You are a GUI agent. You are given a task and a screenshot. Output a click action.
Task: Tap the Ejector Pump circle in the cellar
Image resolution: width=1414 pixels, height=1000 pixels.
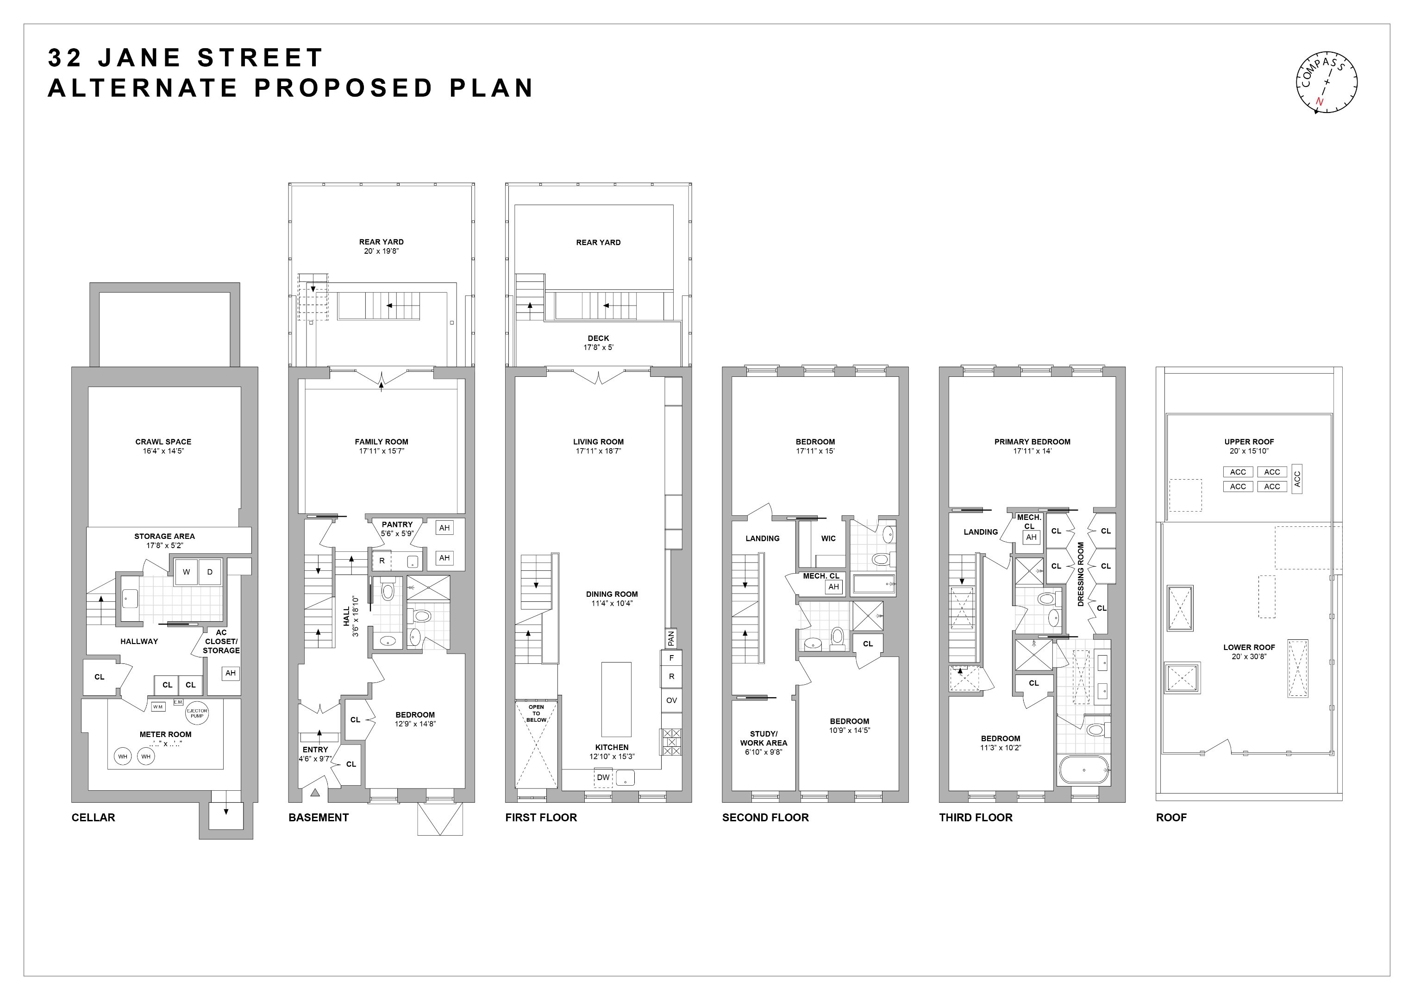tap(197, 713)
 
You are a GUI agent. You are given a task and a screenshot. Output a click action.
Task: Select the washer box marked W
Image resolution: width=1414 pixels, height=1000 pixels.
tap(187, 572)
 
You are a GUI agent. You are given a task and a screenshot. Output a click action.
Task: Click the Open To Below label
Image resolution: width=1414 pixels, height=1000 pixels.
tap(537, 713)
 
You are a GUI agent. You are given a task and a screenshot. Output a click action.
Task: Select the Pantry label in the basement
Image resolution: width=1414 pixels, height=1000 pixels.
tap(397, 525)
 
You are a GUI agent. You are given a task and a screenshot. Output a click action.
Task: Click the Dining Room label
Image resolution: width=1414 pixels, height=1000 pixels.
tap(612, 594)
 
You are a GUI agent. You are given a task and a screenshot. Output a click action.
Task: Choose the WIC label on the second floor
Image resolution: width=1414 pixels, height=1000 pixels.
tap(828, 538)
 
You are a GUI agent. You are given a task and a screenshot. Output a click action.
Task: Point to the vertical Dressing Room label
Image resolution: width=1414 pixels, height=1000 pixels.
tap(1081, 574)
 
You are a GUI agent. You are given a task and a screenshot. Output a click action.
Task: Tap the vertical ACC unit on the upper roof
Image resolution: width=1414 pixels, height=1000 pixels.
tap(1297, 479)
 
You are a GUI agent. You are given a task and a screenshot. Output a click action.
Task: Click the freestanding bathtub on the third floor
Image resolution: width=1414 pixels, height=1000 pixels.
tap(1084, 770)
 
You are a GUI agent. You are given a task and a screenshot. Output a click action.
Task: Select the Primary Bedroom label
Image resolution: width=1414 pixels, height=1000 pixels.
tap(1032, 442)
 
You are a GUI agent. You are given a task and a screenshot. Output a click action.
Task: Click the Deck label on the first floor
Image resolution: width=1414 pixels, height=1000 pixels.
tap(598, 338)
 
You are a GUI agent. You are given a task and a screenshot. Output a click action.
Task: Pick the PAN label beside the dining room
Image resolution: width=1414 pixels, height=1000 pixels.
tap(671, 638)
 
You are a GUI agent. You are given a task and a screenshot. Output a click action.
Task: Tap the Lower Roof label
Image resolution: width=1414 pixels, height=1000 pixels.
tap(1249, 647)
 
